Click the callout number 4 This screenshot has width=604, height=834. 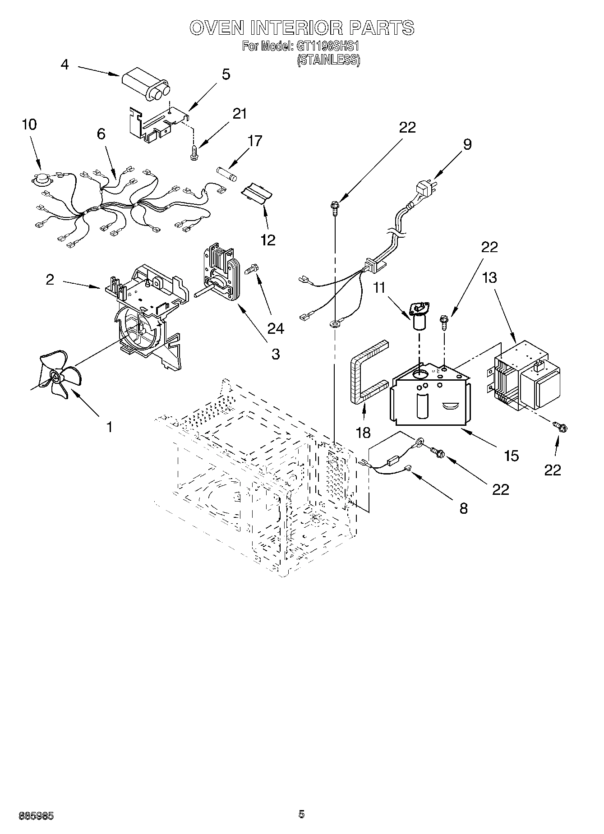pyautogui.click(x=65, y=65)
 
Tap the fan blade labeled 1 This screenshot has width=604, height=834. pyautogui.click(x=56, y=375)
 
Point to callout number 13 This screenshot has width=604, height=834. pyautogui.click(x=489, y=277)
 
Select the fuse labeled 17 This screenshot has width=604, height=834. pyautogui.click(x=227, y=173)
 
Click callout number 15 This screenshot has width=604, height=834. pyautogui.click(x=511, y=456)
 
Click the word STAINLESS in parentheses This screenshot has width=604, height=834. pyautogui.click(x=328, y=60)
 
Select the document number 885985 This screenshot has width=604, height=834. pyautogui.click(x=36, y=816)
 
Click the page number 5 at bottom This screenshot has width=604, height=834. pyautogui.click(x=301, y=814)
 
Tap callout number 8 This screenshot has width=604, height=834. pyautogui.click(x=463, y=508)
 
